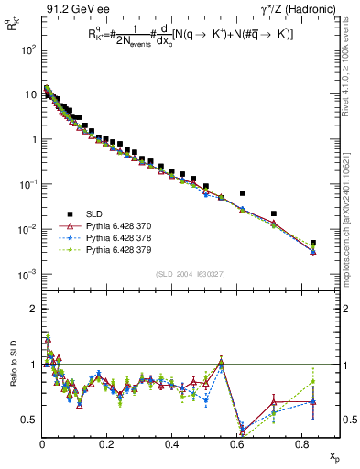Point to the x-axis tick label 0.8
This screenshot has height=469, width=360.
(300, 443)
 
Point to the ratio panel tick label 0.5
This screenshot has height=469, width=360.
(30, 420)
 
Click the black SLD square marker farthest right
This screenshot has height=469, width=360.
(313, 243)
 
